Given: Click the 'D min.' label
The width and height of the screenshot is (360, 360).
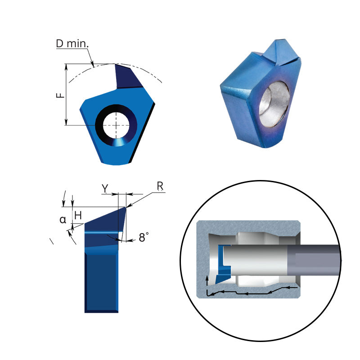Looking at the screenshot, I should (72, 44).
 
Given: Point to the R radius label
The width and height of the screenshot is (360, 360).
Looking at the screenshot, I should (160, 185).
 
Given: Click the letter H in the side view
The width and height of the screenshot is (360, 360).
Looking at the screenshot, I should (78, 216).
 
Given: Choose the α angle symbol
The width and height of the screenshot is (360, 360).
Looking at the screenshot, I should (63, 220).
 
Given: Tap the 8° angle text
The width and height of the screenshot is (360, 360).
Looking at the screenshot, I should (144, 238).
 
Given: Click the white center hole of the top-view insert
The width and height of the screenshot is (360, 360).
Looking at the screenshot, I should (116, 125).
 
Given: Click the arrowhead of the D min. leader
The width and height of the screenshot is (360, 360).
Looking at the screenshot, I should (93, 65).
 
